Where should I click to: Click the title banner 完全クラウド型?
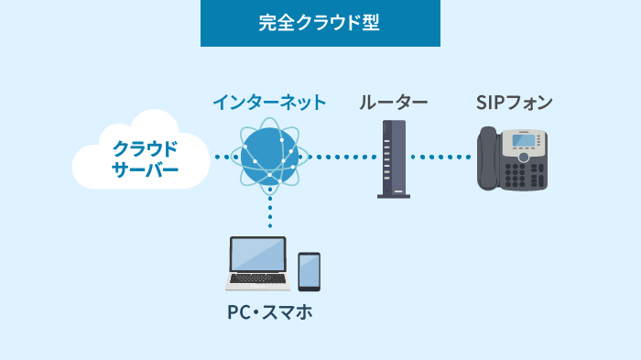pos(320,24)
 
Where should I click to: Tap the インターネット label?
pos(268,102)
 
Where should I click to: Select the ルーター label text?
pos(393,102)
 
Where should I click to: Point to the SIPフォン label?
pos(514,102)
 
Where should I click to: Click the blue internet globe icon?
pos(269,156)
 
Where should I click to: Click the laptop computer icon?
pos(257,264)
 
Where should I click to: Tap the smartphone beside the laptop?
pos(309,272)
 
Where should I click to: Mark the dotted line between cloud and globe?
pos(223,158)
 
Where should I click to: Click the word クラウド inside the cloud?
pos(144,146)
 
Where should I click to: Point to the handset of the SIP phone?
pos(489,159)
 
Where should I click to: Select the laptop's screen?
pos(257,256)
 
